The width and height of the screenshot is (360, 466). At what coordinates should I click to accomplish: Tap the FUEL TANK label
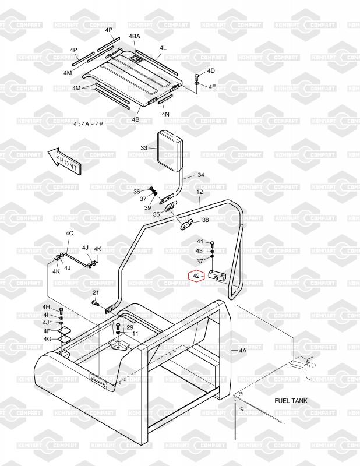291,401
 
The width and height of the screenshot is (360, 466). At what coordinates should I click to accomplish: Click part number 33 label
144,148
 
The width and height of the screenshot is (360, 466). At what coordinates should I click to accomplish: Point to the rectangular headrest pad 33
168,149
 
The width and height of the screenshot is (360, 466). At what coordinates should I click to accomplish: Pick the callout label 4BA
135,37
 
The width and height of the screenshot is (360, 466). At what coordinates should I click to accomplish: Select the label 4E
212,87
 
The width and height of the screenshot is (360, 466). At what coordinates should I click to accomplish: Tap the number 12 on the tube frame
199,192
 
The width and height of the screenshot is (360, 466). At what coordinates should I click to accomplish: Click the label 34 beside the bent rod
200,175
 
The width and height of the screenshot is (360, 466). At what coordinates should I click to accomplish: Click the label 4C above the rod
69,233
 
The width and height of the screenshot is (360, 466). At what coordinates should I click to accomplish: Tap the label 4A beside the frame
242,351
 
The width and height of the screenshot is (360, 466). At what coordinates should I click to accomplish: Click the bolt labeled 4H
61,309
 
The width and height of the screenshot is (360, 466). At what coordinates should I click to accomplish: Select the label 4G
47,338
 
